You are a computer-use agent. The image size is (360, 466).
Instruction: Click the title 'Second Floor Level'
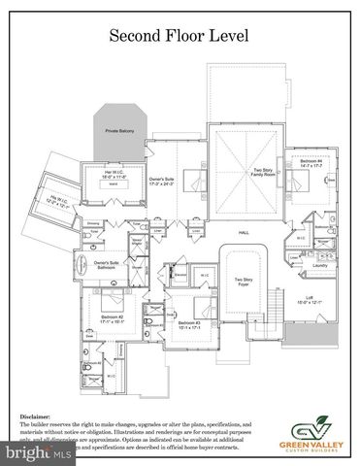(x=179, y=37)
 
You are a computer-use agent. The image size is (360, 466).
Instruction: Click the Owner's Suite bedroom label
(x=161, y=182)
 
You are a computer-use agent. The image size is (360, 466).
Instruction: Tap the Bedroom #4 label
(x=310, y=163)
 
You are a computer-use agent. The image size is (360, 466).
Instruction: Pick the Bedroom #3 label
(x=189, y=324)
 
